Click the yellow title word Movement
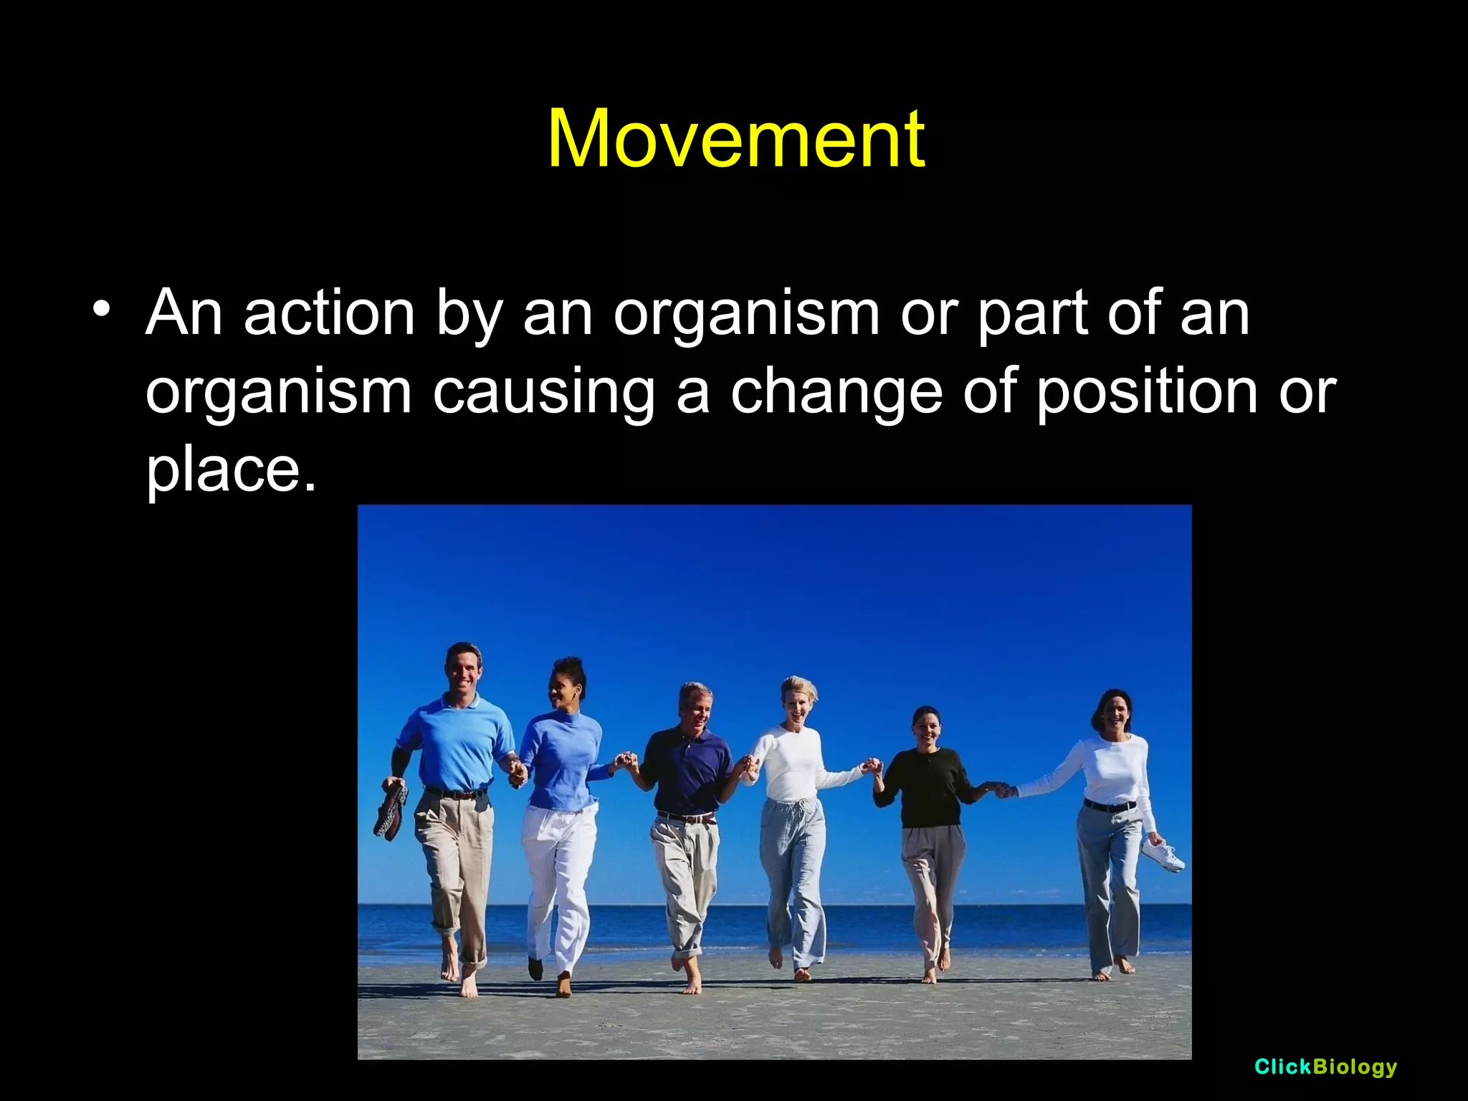735,139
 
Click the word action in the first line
329,313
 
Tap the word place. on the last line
231,470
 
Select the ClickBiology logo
1325,1067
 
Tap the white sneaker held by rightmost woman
1163,857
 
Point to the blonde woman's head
798,698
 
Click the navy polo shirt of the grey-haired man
686,771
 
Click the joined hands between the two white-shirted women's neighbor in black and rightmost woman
1002,791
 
